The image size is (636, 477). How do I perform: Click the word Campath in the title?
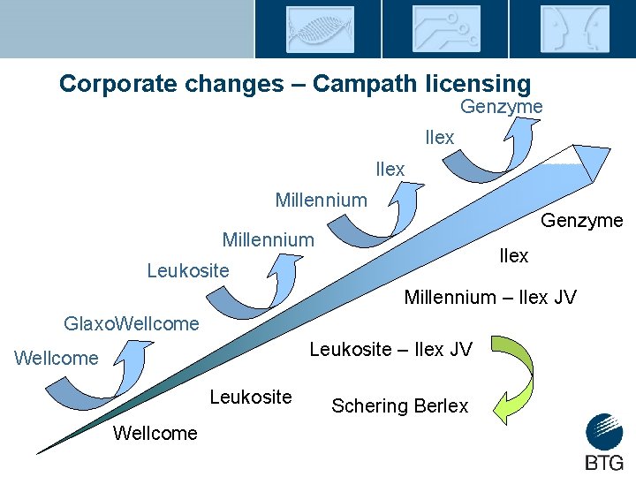[365, 84]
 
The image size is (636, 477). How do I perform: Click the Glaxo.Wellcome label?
[132, 323]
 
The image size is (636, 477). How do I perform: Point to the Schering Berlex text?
[399, 406]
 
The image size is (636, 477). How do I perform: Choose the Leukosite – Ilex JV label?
[390, 350]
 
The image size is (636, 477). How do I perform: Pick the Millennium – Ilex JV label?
[490, 298]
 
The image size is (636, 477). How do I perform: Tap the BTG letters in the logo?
[604, 462]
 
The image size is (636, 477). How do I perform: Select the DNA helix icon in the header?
[318, 28]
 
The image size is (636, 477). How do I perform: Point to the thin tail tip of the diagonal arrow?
[40, 453]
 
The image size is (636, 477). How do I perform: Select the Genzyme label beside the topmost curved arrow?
[502, 107]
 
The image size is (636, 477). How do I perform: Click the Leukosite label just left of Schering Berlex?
[250, 397]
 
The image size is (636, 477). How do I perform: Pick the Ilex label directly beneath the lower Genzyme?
[513, 256]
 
